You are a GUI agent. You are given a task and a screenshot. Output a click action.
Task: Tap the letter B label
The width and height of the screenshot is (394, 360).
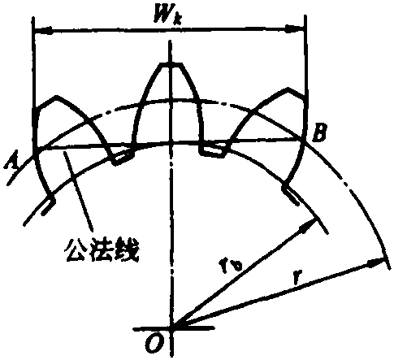coord(319,132)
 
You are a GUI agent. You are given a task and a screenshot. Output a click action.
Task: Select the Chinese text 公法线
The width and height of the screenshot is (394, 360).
coord(102,250)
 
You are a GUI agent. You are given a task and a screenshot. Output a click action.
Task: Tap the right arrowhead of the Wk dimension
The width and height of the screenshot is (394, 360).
coord(295,28)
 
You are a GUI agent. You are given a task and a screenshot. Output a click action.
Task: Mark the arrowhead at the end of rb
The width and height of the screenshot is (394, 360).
coord(309,225)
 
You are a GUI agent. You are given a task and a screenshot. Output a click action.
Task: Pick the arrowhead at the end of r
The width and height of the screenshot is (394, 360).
coord(375,262)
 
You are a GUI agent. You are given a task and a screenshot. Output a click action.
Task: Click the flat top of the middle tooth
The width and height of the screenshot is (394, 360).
coord(171,64)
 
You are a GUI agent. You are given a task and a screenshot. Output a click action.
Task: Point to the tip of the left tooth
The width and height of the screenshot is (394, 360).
coord(56,97)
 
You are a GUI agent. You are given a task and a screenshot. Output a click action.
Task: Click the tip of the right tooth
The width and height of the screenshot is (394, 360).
coord(288,89)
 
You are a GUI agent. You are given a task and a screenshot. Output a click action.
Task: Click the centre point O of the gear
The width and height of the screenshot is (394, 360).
coord(172,328)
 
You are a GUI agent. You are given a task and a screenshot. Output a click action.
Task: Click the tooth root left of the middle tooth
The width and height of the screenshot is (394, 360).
coord(123,158)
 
